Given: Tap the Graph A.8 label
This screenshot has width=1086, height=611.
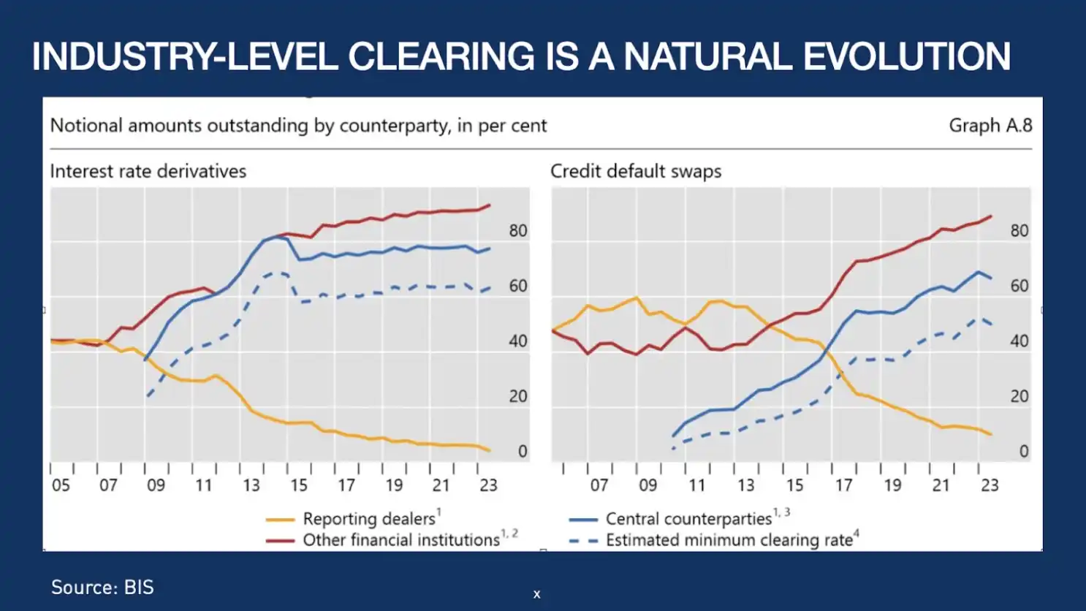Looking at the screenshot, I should [990, 126].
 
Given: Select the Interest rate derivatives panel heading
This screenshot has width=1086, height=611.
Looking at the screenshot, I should [148, 171].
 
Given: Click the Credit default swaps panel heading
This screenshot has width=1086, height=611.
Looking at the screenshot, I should [636, 171].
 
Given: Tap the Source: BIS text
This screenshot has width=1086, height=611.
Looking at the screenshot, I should [102, 588].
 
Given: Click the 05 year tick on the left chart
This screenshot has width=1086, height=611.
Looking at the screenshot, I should [61, 485].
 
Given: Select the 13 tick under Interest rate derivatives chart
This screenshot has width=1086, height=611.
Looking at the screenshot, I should [251, 485].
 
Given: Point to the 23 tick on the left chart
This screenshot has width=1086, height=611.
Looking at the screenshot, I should [488, 485].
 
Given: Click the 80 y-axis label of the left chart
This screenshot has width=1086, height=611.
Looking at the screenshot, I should [518, 231].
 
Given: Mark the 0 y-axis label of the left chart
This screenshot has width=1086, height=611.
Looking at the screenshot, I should [523, 452].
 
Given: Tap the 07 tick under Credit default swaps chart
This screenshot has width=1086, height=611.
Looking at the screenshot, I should [599, 485].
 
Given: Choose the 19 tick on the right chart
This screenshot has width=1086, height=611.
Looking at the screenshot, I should [892, 485].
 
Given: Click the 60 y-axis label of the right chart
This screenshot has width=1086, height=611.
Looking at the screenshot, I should [1019, 286].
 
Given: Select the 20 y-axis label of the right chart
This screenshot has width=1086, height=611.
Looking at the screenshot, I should [1019, 396].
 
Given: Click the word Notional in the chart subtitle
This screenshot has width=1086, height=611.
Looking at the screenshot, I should [86, 126].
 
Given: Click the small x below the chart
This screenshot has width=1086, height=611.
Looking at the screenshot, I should [537, 595].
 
